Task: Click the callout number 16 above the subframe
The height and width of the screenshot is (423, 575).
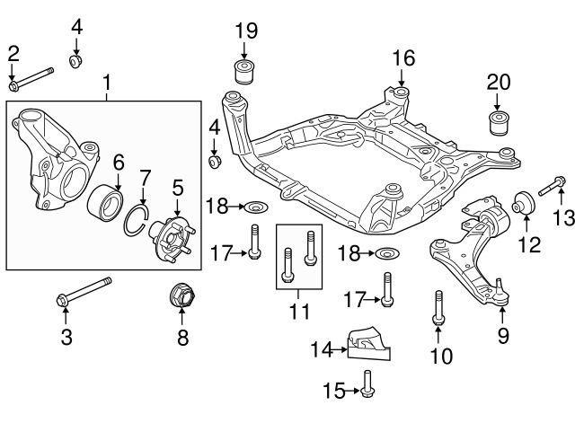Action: [403, 58]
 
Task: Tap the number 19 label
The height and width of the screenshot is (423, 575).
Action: [246, 31]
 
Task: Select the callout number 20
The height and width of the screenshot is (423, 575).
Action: [498, 82]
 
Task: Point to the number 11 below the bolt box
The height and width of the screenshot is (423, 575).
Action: [299, 313]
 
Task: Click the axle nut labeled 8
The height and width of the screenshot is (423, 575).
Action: [182, 295]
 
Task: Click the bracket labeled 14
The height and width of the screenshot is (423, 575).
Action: [368, 342]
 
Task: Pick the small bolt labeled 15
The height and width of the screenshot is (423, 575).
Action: [370, 390]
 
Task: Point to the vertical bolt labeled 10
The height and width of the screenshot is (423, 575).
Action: [438, 306]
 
